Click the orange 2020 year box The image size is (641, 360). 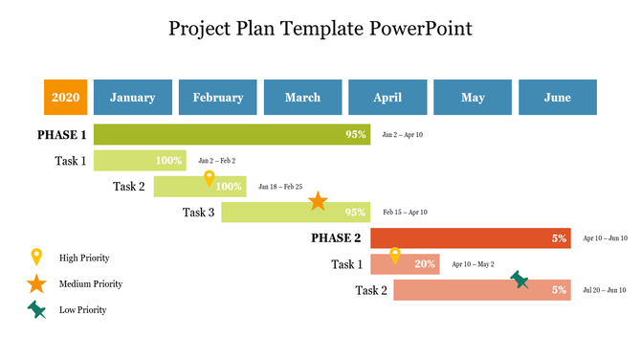(65, 98)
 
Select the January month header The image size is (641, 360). (132, 98)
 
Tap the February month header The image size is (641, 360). (217, 98)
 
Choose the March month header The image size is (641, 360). (302, 98)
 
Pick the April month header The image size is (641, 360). (387, 98)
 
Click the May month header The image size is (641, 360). (473, 98)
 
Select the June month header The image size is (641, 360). (557, 98)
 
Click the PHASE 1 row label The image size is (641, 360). (62, 135)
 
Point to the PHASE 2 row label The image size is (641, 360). (336, 238)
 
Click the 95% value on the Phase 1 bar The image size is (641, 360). (356, 135)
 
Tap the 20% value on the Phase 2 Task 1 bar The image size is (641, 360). (425, 264)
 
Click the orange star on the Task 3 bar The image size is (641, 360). (318, 201)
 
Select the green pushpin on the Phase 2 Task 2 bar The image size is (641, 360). (519, 280)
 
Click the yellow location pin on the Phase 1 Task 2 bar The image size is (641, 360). (210, 178)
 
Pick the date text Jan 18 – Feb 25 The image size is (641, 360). (280, 187)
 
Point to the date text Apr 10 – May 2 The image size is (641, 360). (473, 264)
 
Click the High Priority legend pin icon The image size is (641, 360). (36, 257)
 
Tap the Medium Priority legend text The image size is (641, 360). (91, 284)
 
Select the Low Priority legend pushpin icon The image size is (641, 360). (36, 309)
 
